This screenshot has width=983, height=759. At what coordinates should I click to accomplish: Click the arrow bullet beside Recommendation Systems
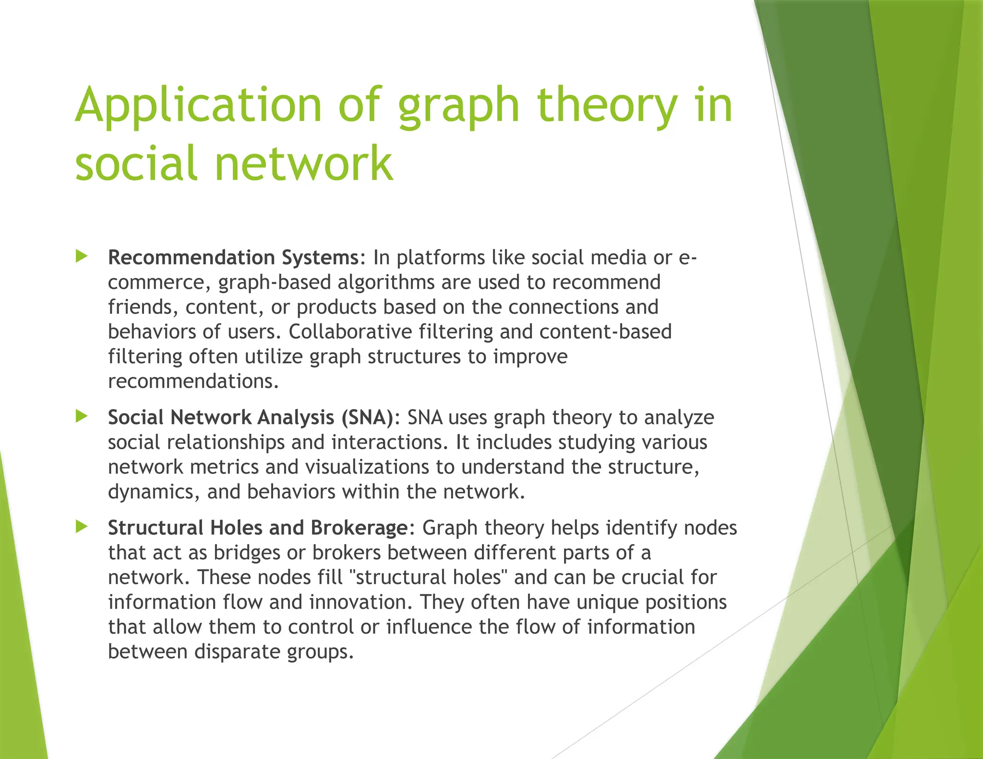pyautogui.click(x=82, y=256)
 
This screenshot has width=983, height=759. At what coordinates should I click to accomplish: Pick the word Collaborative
pyautogui.click(x=350, y=332)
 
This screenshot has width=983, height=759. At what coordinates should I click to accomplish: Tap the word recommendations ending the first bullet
pyautogui.click(x=192, y=381)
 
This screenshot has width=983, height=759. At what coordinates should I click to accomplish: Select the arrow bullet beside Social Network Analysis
pyautogui.click(x=82, y=416)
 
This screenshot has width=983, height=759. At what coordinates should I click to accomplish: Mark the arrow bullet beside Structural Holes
pyautogui.click(x=82, y=526)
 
